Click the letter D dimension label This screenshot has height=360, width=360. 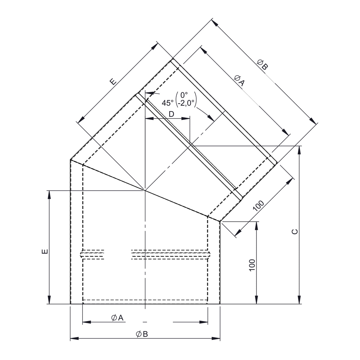[171, 114]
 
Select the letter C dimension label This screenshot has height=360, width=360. [295, 232]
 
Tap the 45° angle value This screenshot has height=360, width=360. [168, 103]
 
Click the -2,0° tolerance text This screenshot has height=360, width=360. [186, 103]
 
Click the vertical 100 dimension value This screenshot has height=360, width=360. [252, 265]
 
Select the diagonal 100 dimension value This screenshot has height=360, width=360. [259, 206]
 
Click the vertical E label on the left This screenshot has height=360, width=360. [45, 251]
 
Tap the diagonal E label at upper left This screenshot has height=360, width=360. [113, 82]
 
